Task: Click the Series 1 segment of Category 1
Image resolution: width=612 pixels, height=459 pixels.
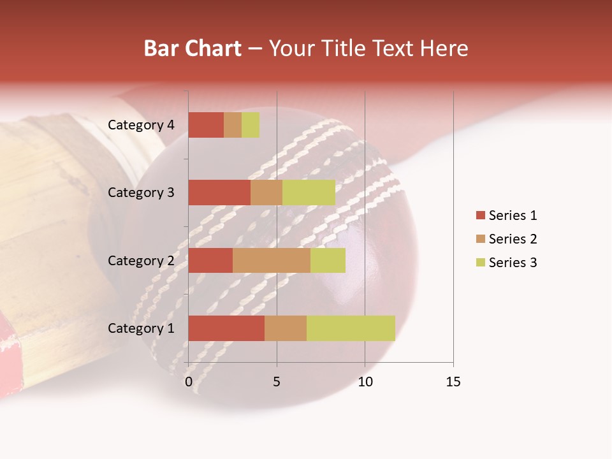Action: [226, 328]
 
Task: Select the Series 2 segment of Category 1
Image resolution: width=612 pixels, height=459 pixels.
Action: [286, 328]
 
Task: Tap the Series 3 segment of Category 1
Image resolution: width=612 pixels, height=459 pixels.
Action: [351, 328]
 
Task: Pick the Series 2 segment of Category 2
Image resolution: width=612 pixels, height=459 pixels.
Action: [272, 260]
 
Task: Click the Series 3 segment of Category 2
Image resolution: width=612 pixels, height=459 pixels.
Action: [328, 260]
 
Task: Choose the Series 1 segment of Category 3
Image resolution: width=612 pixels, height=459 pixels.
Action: [219, 193]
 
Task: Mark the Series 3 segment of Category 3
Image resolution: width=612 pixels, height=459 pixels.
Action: [309, 193]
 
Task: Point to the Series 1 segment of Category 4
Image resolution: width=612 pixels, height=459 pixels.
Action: [206, 125]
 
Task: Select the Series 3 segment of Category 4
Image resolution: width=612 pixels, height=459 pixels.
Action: [251, 125]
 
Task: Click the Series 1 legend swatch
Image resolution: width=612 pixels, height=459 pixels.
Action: [480, 215]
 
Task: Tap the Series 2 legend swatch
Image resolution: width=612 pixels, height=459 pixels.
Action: [480, 239]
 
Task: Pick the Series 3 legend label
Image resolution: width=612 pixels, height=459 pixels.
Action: [513, 263]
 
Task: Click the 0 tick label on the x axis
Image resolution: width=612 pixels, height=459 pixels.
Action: [189, 382]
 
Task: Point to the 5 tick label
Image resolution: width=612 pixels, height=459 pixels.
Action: [277, 382]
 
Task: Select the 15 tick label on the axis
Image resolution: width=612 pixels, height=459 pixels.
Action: [453, 382]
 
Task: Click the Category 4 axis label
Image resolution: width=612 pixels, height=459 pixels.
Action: [141, 125]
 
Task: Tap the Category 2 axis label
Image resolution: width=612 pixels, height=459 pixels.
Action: [141, 260]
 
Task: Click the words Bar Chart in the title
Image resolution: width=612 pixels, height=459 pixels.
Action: [193, 48]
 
